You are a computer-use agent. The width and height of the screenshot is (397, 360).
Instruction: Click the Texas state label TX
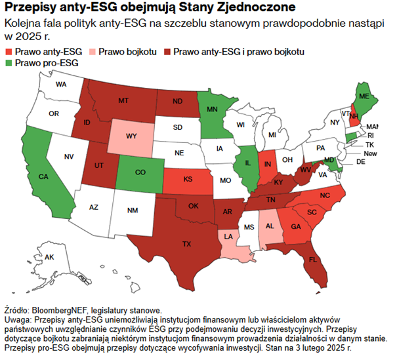point(187,243)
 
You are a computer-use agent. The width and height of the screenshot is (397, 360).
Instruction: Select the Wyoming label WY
point(131,136)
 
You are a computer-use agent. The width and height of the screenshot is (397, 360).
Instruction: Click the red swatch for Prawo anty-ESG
point(8,51)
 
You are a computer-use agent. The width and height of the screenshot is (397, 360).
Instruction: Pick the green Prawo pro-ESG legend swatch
point(8,62)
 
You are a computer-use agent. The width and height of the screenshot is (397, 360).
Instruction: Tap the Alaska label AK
point(49,257)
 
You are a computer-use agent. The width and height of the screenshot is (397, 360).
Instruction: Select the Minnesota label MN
point(213,110)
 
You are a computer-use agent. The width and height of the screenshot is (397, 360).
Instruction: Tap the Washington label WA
point(61,85)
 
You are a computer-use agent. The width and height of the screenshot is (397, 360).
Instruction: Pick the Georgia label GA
point(296,226)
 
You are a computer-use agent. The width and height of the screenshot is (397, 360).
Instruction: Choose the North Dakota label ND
point(178,102)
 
